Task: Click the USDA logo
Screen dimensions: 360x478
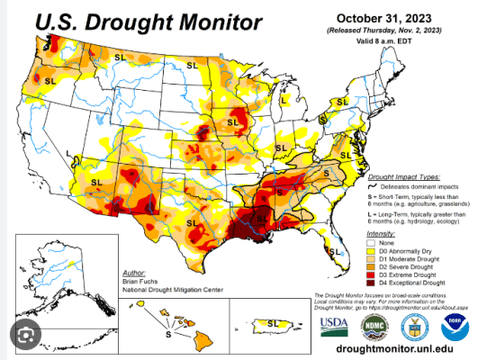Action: tap(334, 325)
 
